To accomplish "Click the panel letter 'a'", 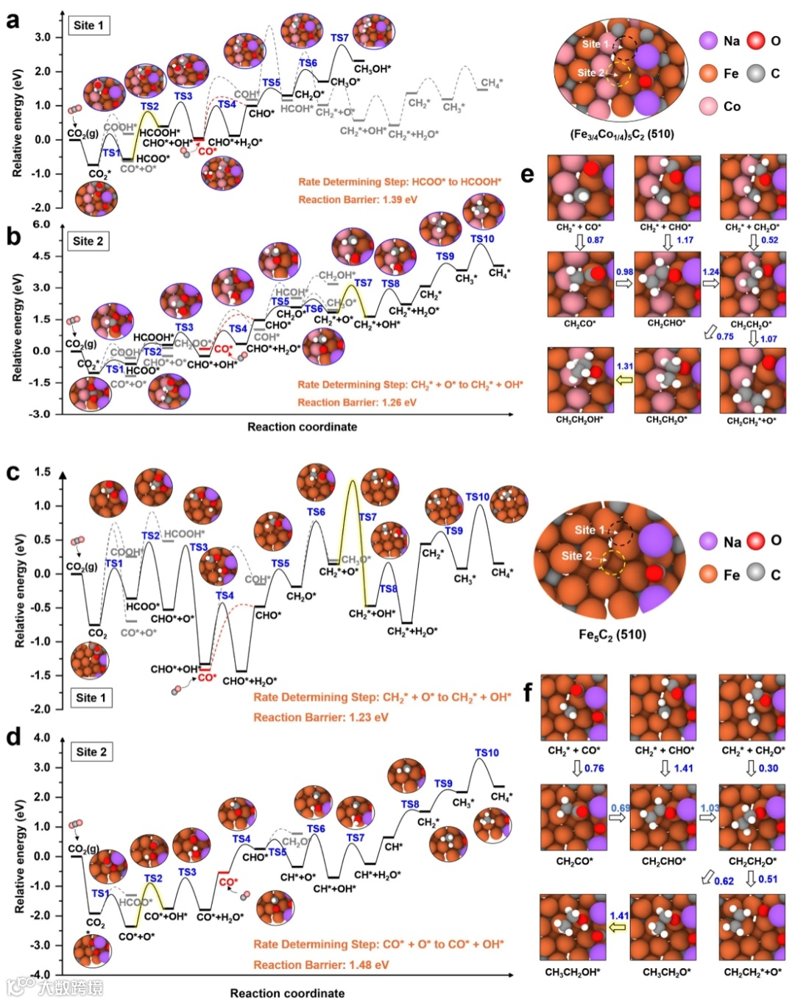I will pyautogui.click(x=13, y=21).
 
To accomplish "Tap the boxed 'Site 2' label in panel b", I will pyautogui.click(x=88, y=241).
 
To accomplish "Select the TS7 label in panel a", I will pyautogui.click(x=339, y=38).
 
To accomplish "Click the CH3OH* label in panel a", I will pyautogui.click(x=372, y=69).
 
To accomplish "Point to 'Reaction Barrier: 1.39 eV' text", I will pyautogui.click(x=358, y=199).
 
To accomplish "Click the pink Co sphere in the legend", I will pyautogui.click(x=708, y=106).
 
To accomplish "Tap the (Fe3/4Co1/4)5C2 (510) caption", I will pyautogui.click(x=622, y=134).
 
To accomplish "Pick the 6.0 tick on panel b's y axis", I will pyautogui.click(x=41, y=224).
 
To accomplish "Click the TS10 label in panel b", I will pyautogui.click(x=482, y=239).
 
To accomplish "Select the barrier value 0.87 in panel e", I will pyautogui.click(x=596, y=240).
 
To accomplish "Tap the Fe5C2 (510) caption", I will pyautogui.click(x=612, y=634).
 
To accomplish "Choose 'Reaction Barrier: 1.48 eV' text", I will pyautogui.click(x=321, y=964).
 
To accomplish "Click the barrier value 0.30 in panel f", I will pyautogui.click(x=768, y=768).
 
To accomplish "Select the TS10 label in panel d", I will pyautogui.click(x=487, y=753).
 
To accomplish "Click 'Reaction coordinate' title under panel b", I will pyautogui.click(x=302, y=427).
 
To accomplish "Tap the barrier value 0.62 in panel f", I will pyautogui.click(x=724, y=881).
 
